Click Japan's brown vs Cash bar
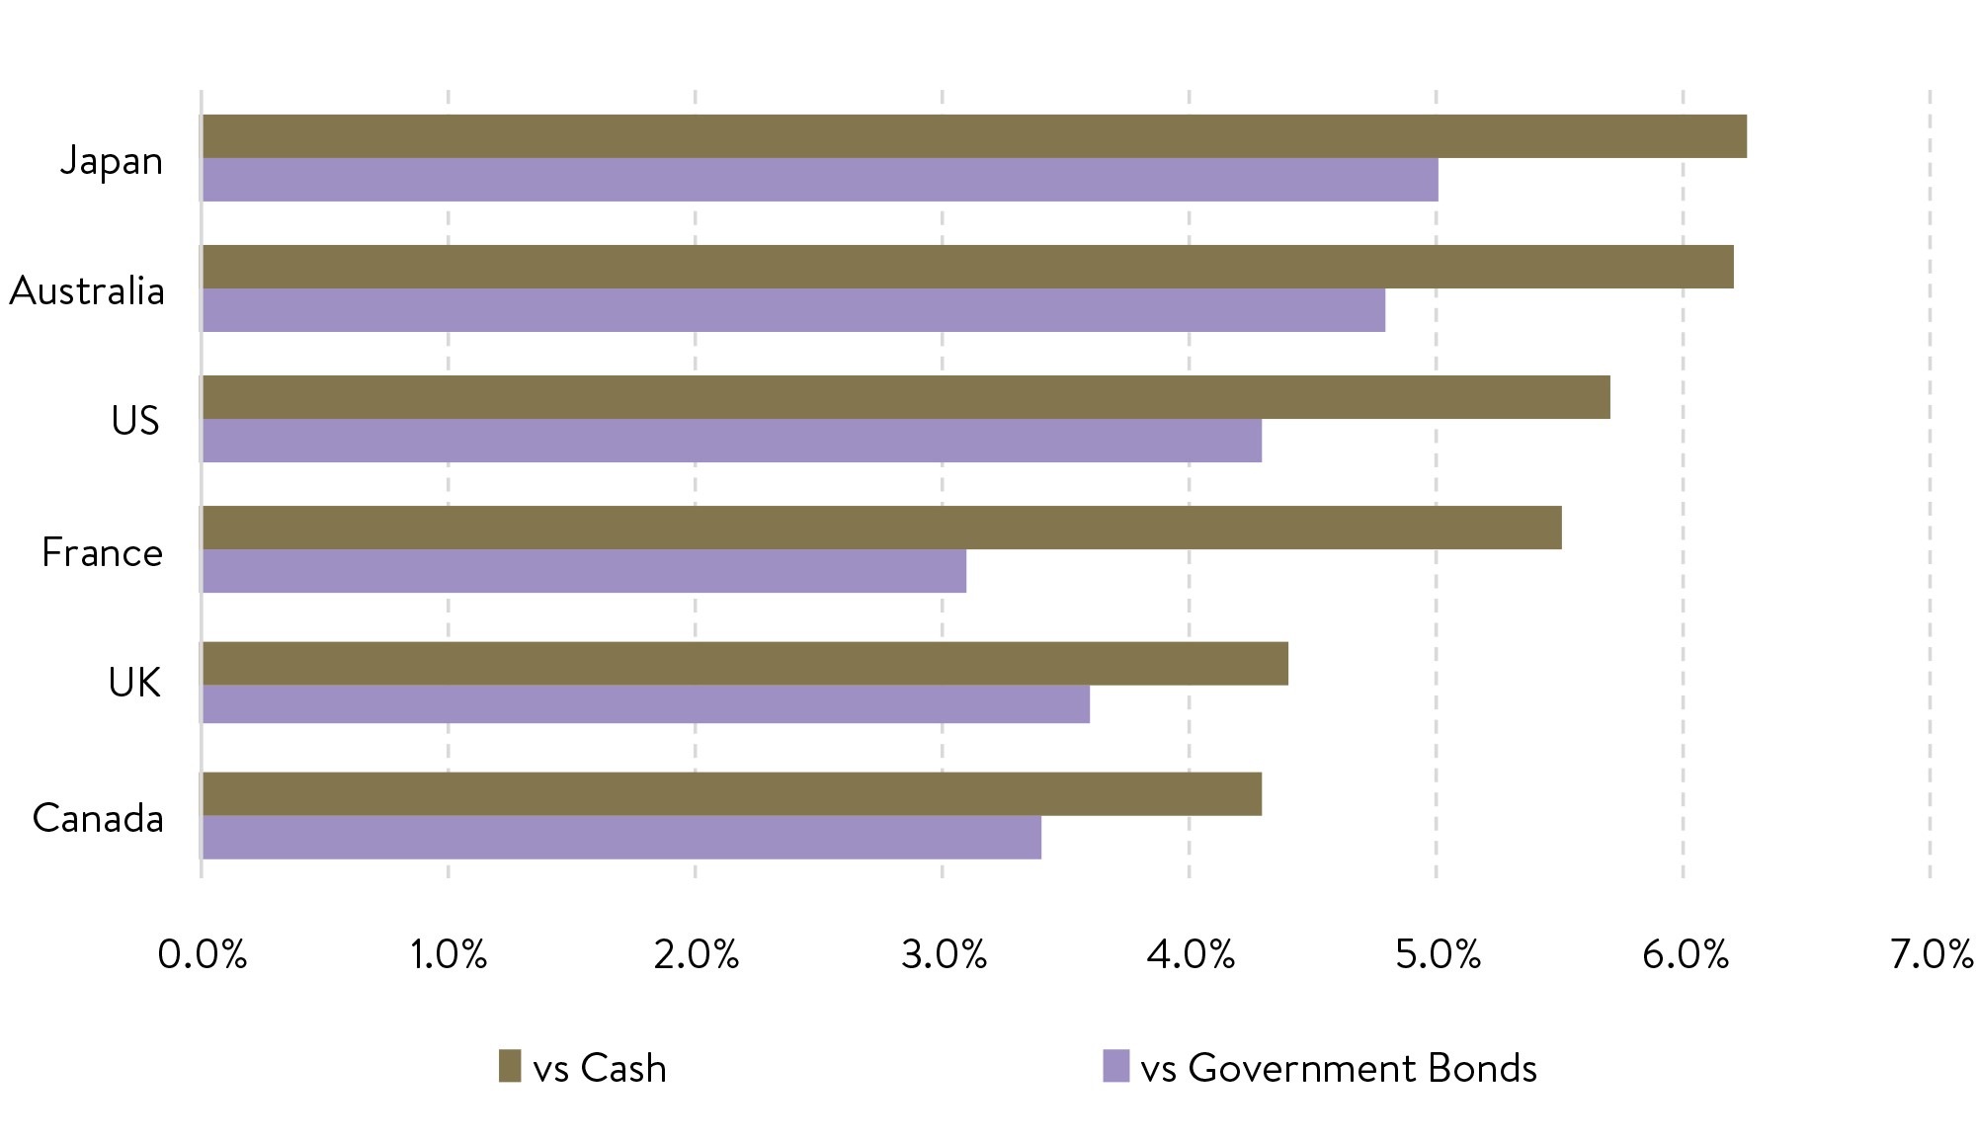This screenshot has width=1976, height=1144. point(973,136)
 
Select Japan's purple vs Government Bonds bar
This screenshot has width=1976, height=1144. point(820,180)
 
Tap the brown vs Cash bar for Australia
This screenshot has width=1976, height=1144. point(967,267)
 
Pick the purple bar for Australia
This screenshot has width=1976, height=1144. point(793,310)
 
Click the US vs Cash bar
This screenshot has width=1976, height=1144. point(906,397)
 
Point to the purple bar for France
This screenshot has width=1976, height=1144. point(584,571)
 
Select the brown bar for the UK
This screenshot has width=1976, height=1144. point(745,663)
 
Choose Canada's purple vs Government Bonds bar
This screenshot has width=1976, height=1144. point(621,837)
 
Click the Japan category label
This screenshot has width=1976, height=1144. point(112,161)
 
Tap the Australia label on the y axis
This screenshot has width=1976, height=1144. point(87,291)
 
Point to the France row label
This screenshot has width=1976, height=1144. point(102,552)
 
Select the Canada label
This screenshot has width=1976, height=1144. point(98,818)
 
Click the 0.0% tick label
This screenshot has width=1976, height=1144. point(202,954)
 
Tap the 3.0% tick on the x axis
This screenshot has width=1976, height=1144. point(944,954)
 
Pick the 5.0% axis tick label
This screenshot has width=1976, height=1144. point(1438,954)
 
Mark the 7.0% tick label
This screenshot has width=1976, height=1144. point(1932,954)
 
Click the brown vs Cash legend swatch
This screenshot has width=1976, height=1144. point(509,1066)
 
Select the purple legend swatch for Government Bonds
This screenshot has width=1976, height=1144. point(1115,1066)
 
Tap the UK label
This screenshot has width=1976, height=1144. point(134,683)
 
